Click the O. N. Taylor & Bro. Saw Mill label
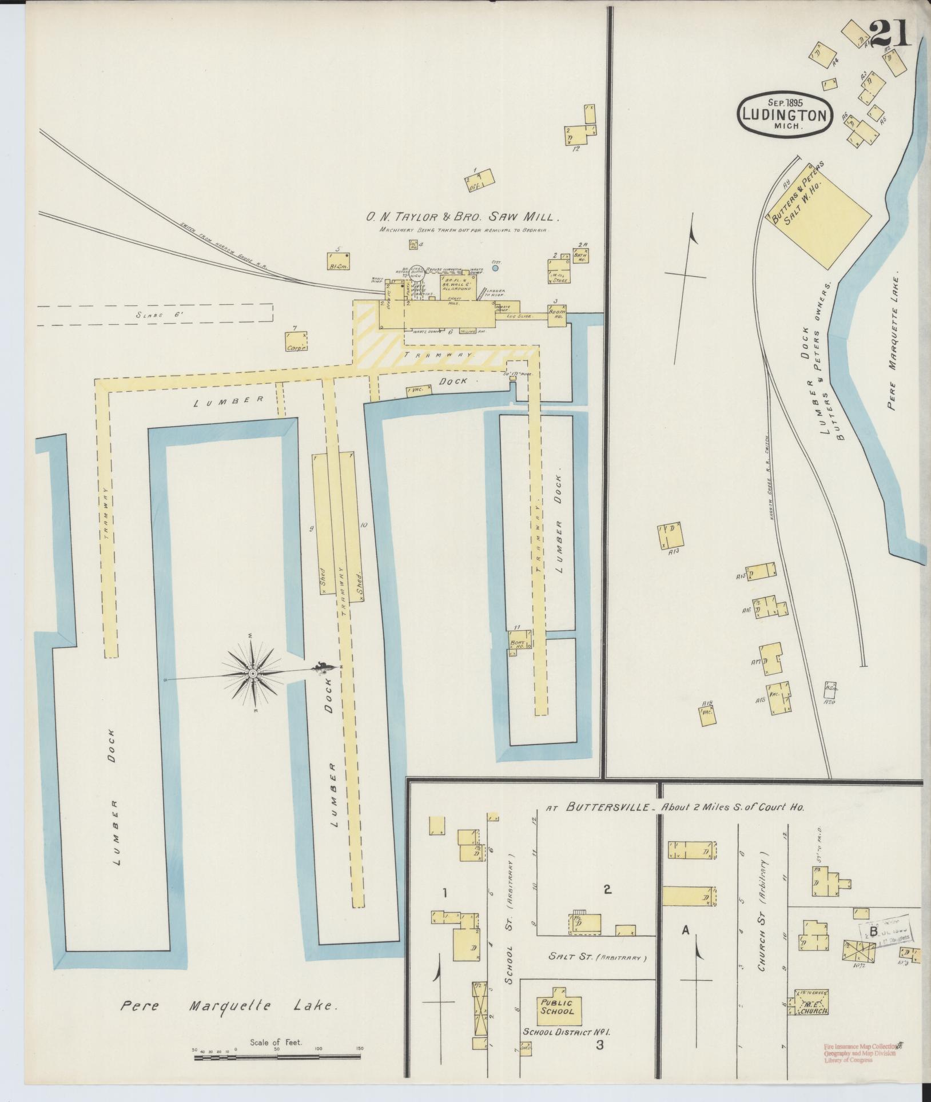461,217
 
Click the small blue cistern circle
495,267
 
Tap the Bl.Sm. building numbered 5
338,261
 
